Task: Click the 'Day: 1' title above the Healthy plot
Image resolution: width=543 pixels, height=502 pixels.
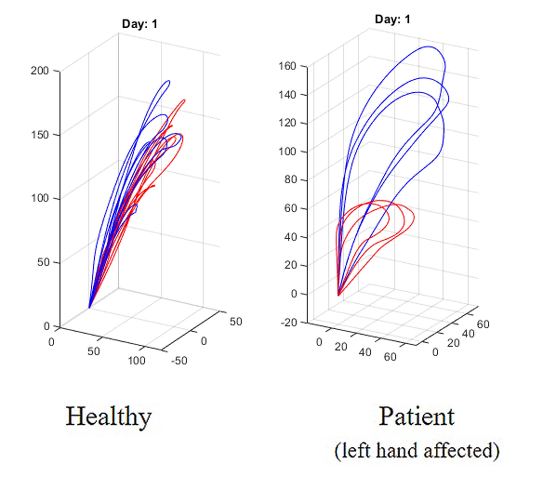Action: click(140, 24)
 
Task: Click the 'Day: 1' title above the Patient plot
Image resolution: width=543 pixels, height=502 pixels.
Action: click(392, 19)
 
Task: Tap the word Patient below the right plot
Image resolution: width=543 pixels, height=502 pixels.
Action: click(416, 417)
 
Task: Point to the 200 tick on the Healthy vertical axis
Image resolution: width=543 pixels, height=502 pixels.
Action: click(40, 71)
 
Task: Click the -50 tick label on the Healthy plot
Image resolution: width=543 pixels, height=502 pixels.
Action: click(179, 361)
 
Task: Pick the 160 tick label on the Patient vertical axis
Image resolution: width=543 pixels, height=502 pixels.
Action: click(287, 66)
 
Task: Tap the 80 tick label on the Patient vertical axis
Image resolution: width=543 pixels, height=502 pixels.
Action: click(290, 180)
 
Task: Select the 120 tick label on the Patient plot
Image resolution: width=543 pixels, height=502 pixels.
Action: click(287, 123)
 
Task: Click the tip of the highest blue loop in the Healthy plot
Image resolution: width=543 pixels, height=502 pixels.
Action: click(169, 81)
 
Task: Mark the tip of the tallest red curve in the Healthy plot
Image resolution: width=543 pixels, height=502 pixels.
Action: click(184, 100)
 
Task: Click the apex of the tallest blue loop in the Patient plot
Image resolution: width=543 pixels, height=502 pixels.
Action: click(429, 46)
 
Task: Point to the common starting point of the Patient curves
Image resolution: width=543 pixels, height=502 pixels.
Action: click(338, 295)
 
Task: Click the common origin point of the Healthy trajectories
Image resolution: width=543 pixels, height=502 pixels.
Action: click(89, 308)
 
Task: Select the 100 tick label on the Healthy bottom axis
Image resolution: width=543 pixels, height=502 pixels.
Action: click(137, 361)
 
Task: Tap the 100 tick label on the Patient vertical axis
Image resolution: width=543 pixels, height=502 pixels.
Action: click(287, 151)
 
